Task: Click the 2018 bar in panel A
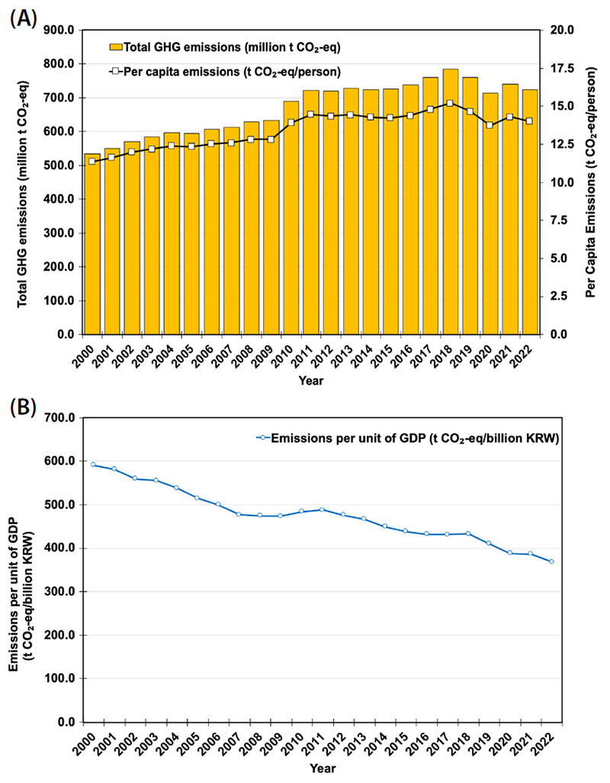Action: coord(450,202)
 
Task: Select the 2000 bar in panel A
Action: coord(91,244)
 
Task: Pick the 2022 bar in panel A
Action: coord(530,212)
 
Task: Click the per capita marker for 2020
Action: coord(490,125)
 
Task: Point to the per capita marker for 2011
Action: coord(311,114)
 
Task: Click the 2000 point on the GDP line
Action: coord(93,465)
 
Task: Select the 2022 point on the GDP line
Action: coord(551,561)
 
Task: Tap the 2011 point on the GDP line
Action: coord(323,509)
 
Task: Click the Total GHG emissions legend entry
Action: coord(225,47)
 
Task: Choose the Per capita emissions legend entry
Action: coord(225,72)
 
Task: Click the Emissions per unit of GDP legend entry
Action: coord(408,438)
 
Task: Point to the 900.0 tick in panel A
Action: coord(59,30)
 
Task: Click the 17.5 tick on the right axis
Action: coord(561,69)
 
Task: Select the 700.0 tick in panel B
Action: coord(59,418)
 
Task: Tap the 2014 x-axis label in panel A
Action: coord(364,354)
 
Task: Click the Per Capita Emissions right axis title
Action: coord(591,182)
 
